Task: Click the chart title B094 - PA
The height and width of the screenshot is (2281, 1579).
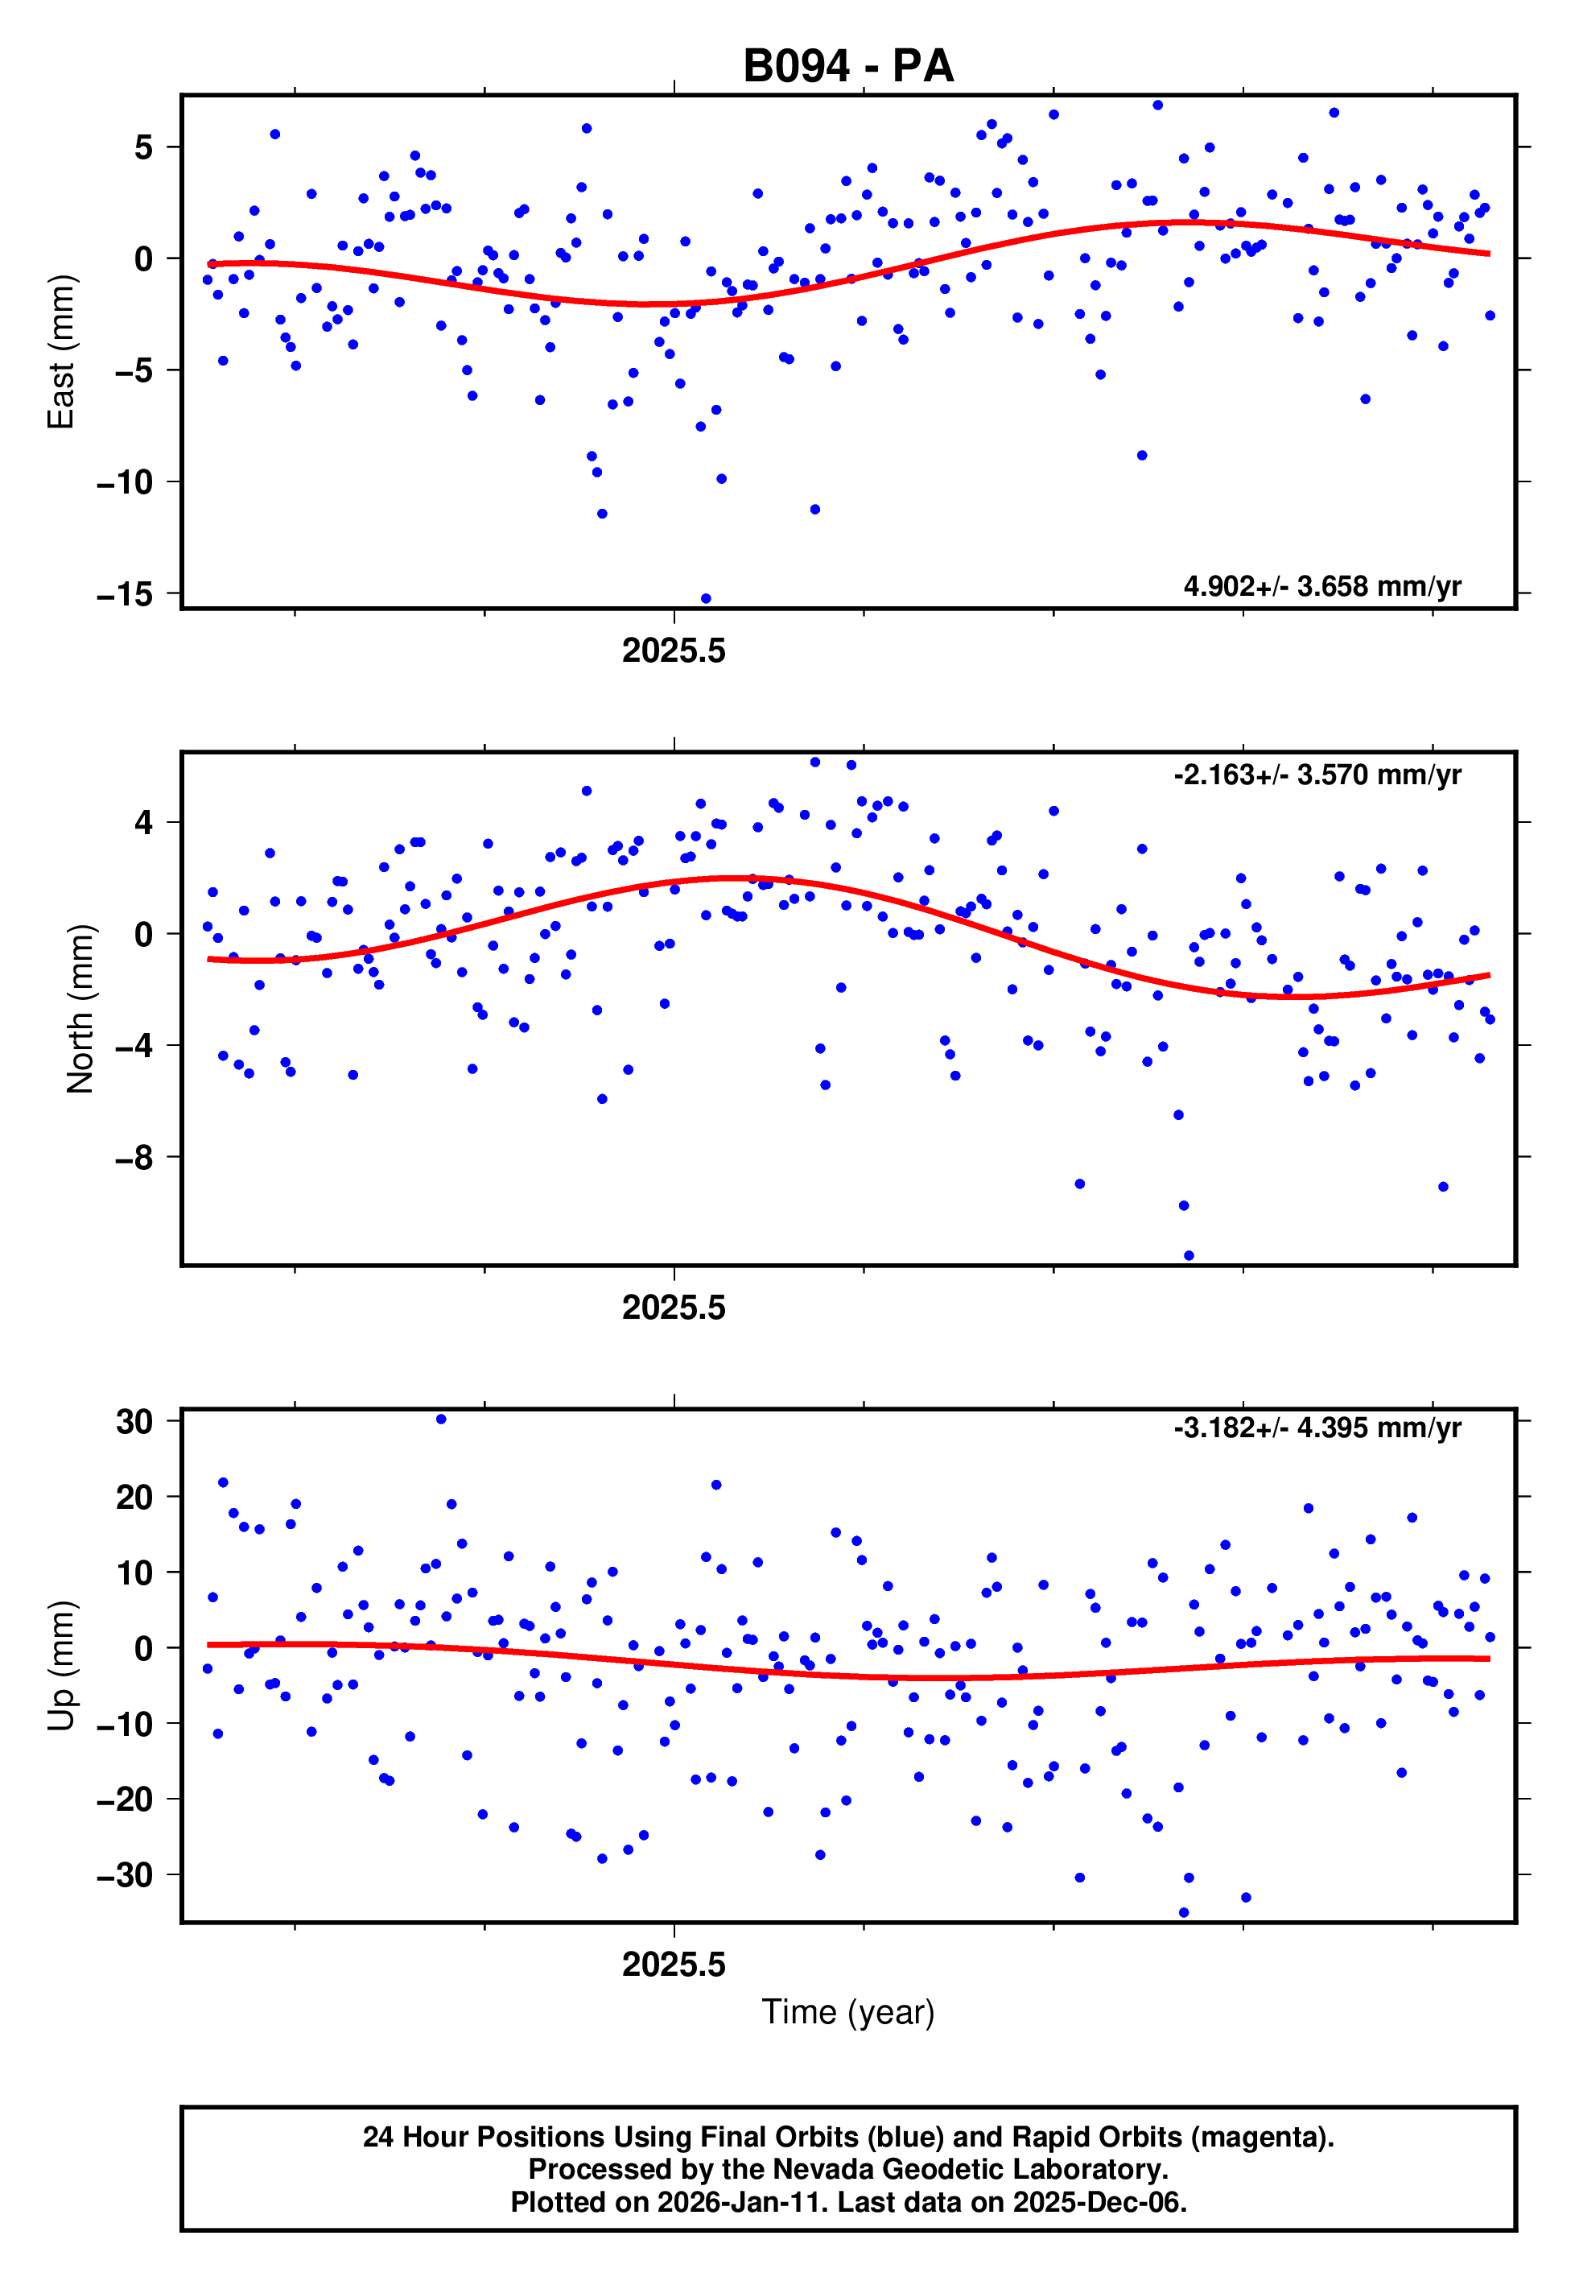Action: [848, 66]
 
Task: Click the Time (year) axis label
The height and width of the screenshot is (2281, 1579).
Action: [848, 2012]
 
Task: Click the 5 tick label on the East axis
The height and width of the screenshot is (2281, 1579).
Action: [143, 147]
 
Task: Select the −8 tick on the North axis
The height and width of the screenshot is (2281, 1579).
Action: [134, 1157]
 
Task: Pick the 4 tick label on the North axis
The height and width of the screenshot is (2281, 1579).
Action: [144, 822]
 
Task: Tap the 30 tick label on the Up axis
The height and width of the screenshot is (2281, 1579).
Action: [134, 1421]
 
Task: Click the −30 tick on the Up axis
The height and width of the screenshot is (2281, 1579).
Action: [125, 1875]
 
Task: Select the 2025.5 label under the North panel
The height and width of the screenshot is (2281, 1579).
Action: [674, 1308]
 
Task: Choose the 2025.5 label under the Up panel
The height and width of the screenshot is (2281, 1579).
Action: [674, 1965]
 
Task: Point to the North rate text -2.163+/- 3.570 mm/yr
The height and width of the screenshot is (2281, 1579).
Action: [1317, 775]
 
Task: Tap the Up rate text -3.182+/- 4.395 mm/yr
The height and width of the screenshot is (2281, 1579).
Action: [1317, 1428]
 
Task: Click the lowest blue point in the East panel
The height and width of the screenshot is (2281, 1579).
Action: [706, 599]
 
